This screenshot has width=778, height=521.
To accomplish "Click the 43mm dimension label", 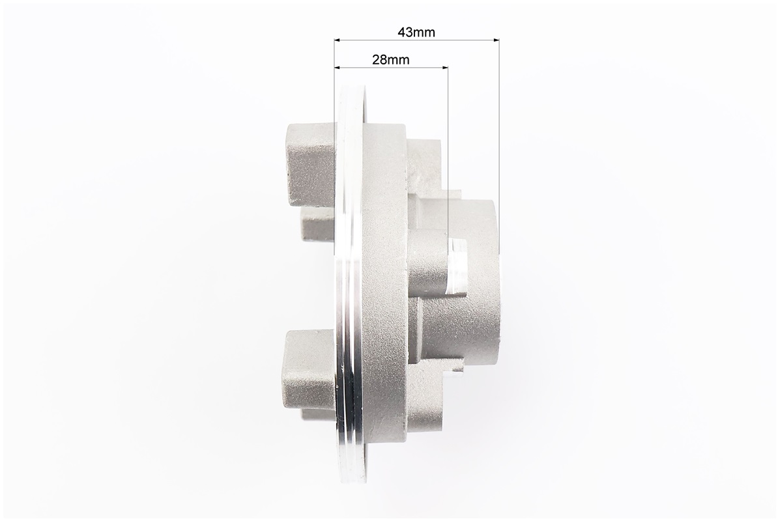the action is coord(416,32).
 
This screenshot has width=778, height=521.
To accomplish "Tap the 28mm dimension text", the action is coord(391,60).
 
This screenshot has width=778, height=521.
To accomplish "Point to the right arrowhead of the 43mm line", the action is coord(496,40).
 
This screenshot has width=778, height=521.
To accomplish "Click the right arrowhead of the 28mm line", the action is coord(444,67).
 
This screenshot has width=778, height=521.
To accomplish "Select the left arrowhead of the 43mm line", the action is coord(338,40).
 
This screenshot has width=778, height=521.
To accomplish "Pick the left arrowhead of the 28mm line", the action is coord(338,67).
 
